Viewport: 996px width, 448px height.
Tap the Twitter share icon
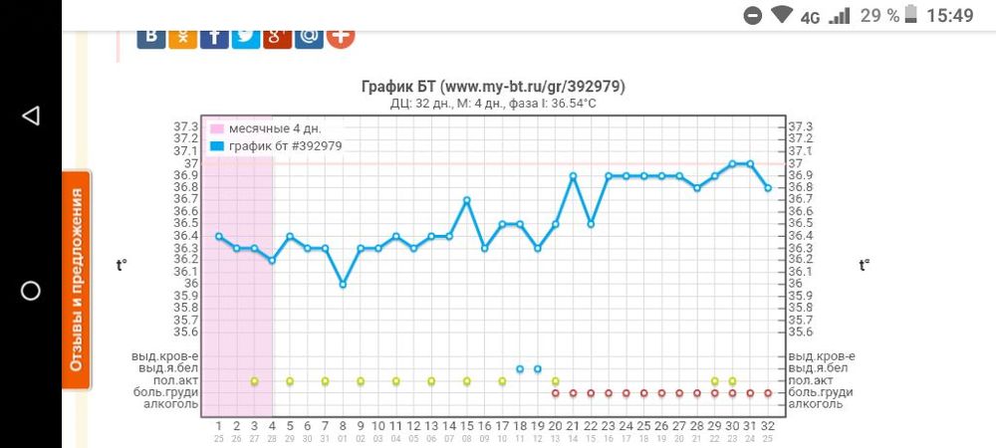[246, 35]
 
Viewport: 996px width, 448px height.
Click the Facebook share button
[214, 35]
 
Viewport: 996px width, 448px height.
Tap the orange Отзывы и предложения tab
[76, 279]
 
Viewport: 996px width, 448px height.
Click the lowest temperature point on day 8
[343, 284]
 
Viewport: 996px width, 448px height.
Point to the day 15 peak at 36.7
[466, 200]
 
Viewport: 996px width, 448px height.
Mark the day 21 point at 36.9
[573, 176]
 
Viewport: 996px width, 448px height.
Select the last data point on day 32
[768, 188]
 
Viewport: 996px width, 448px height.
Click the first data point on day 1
[219, 236]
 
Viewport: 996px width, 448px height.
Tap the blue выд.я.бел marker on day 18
[520, 368]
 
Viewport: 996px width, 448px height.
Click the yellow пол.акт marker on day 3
[254, 380]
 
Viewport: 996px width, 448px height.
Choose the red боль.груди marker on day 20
[555, 392]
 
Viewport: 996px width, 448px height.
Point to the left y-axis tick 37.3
[185, 127]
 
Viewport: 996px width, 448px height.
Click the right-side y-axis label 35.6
[801, 332]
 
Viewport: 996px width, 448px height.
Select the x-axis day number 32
[768, 425]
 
